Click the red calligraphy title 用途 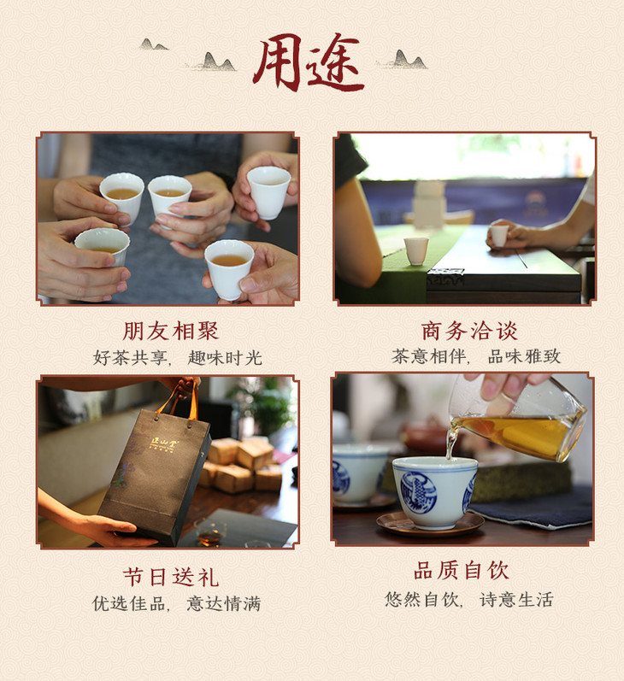(309, 62)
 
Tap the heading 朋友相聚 (170, 331)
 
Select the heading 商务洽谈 (469, 331)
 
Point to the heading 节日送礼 (170, 578)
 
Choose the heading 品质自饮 (461, 570)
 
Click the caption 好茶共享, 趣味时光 (177, 358)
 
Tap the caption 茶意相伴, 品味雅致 (476, 356)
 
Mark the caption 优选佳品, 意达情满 (176, 604)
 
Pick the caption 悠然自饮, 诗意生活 (469, 599)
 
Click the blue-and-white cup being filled (434, 491)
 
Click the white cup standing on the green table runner (415, 250)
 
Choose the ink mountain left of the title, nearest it (216, 62)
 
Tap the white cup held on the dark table (499, 235)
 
